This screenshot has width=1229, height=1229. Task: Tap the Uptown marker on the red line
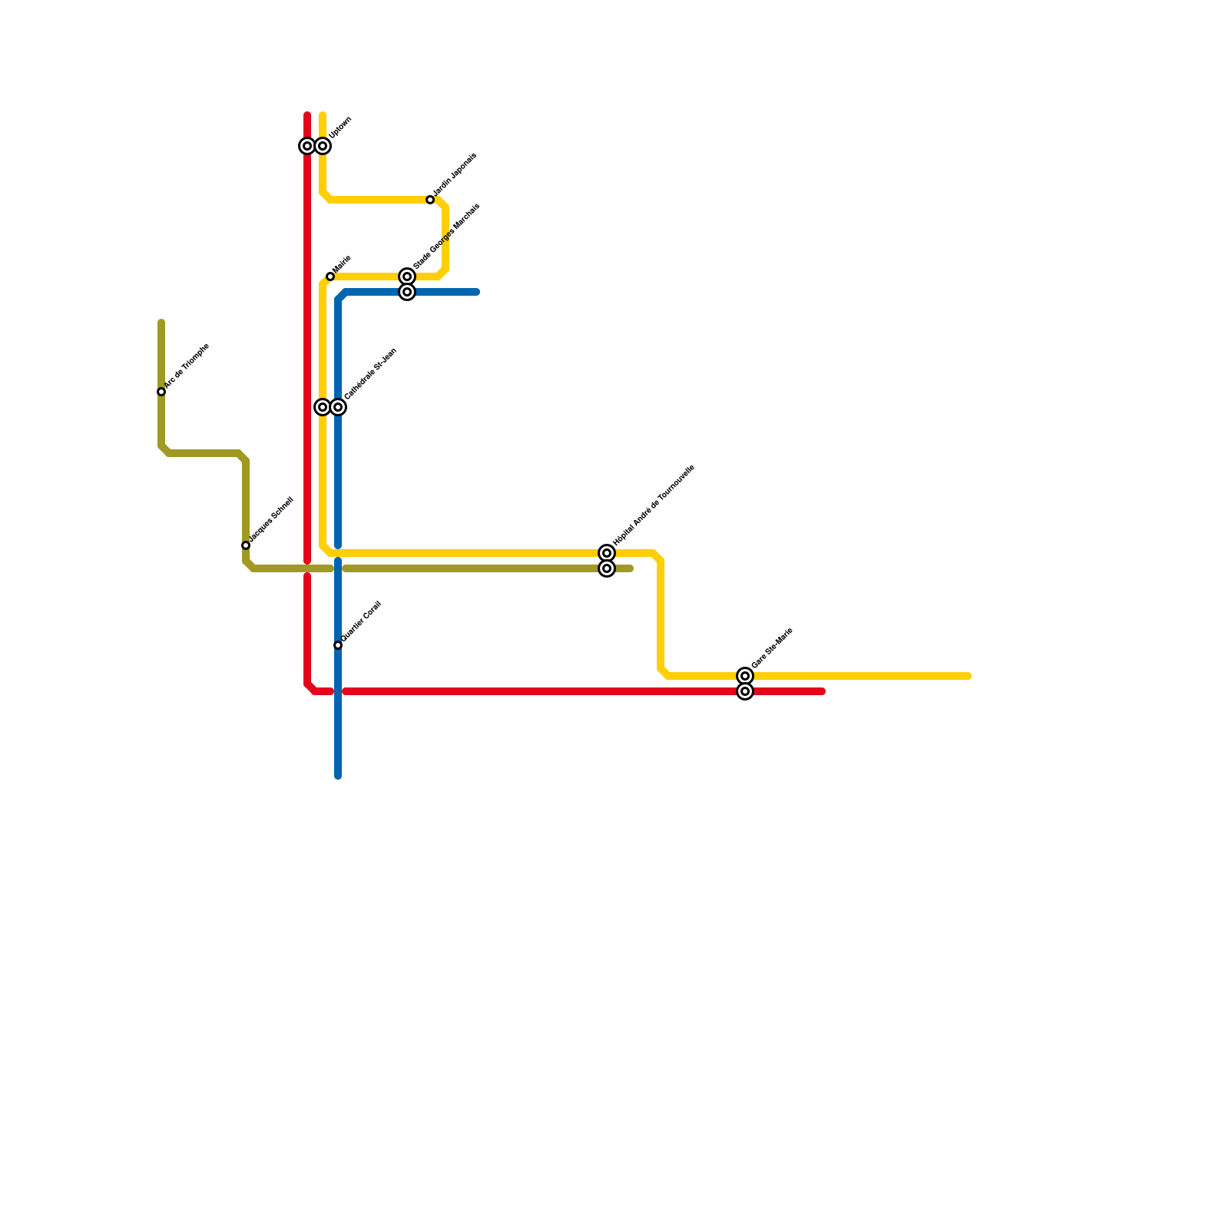[x=307, y=146]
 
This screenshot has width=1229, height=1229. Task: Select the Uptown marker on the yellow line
[x=323, y=146]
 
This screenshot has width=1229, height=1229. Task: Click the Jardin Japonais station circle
[x=430, y=200]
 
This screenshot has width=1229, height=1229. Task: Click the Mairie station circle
[x=330, y=277]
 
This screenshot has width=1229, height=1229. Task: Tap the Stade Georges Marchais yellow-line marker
[x=407, y=277]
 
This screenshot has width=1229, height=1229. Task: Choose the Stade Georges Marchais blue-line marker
[x=407, y=292]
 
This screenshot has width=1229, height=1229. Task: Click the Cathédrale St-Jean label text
[x=370, y=373]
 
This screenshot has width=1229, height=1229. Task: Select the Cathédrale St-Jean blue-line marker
[x=338, y=407]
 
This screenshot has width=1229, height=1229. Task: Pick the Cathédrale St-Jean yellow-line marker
[x=323, y=407]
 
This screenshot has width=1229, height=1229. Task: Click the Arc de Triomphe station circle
[x=161, y=392]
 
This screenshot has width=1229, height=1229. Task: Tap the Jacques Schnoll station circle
[x=246, y=545]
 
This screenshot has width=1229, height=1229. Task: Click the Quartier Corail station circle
[x=338, y=645]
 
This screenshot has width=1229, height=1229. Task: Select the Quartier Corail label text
[x=362, y=621]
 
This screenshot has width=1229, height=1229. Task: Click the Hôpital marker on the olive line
[x=607, y=568]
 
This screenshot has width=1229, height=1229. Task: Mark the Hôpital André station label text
[x=654, y=505]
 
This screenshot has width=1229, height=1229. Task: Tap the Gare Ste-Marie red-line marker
[x=745, y=691]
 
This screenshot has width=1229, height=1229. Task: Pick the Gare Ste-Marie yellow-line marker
[x=745, y=676]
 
